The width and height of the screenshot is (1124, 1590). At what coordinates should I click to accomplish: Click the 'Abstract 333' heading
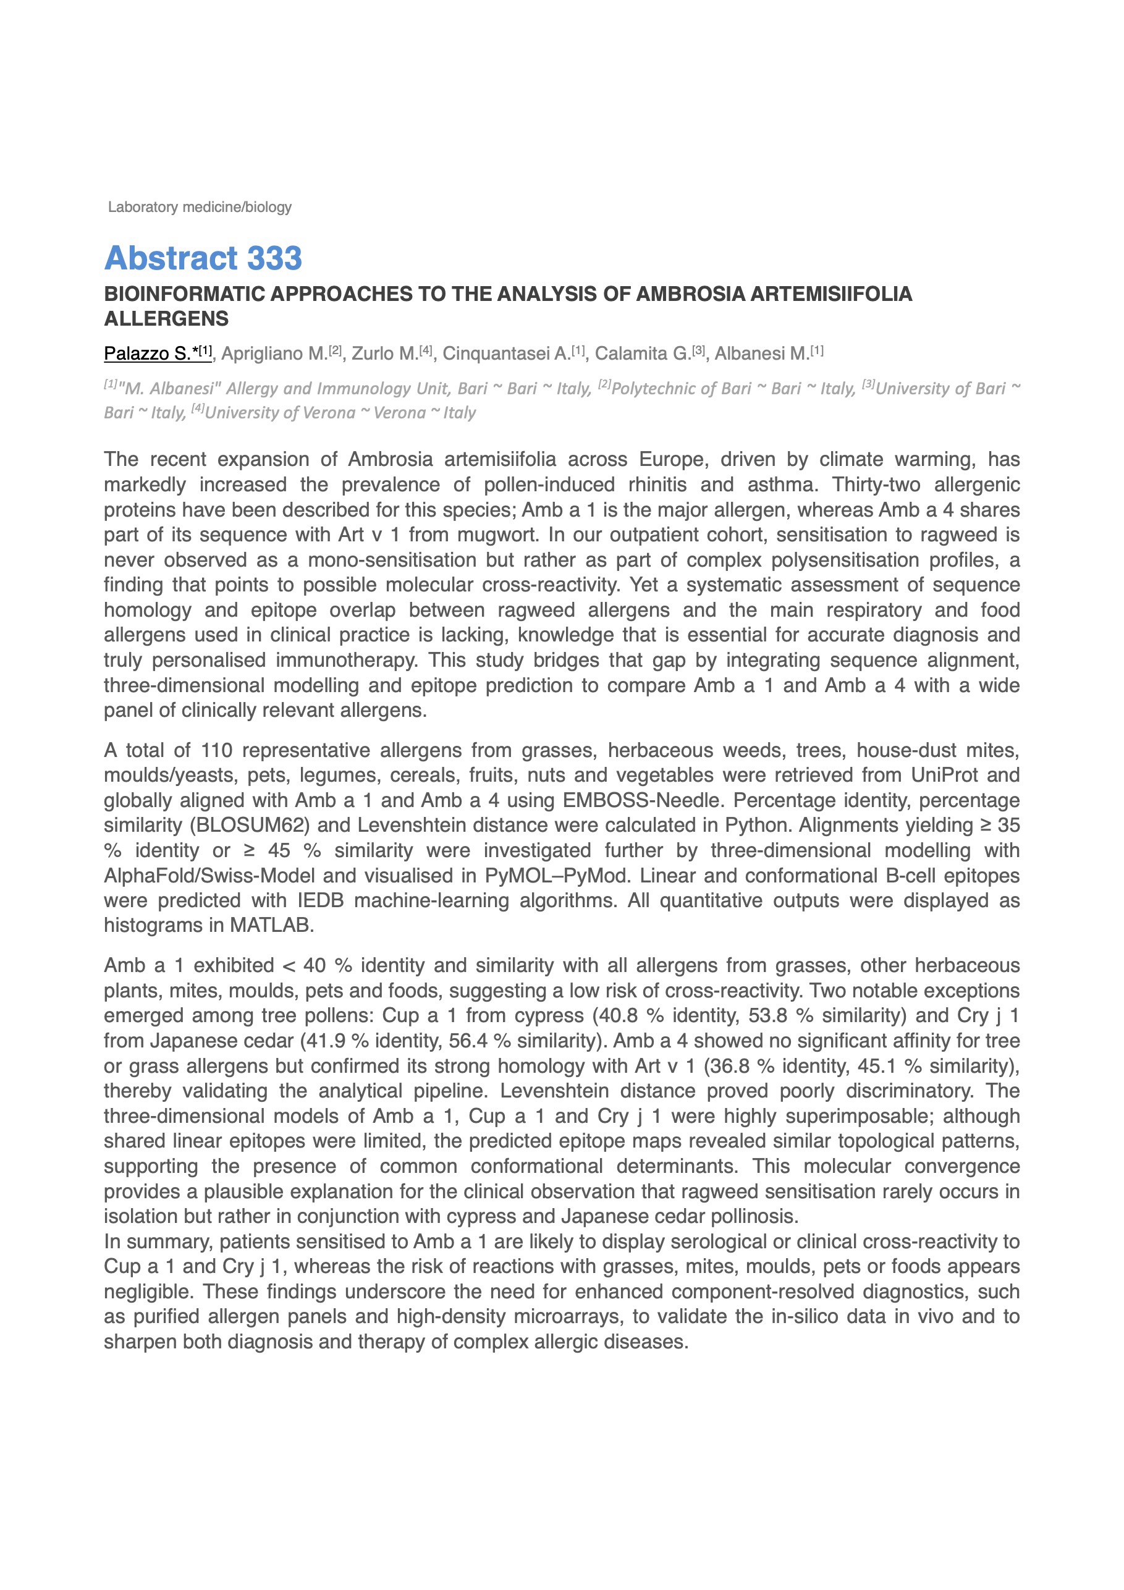tap(203, 258)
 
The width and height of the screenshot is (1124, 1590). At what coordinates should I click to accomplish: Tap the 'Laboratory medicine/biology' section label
tap(200, 207)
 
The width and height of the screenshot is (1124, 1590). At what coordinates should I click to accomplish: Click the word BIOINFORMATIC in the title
tap(184, 294)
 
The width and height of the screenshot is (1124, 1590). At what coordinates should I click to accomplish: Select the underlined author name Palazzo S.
tap(147, 354)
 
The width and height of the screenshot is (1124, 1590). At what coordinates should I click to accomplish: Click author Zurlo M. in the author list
tap(384, 354)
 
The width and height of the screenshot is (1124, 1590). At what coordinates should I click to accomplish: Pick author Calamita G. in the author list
tap(643, 354)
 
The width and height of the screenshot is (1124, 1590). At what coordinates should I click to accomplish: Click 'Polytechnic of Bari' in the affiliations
tap(682, 389)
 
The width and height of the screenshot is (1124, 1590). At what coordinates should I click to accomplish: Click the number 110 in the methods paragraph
tap(217, 751)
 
